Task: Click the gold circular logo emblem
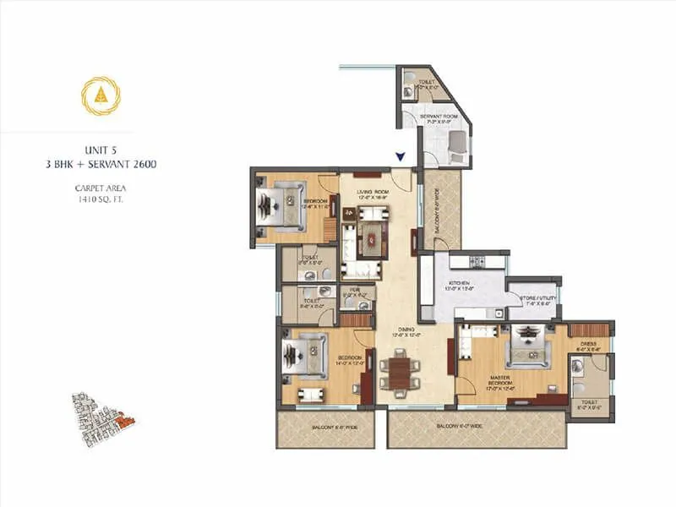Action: pyautogui.click(x=101, y=95)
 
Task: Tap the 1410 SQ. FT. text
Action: pyautogui.click(x=100, y=199)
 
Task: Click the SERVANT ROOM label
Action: pyautogui.click(x=439, y=116)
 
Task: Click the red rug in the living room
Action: pyautogui.click(x=372, y=235)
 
